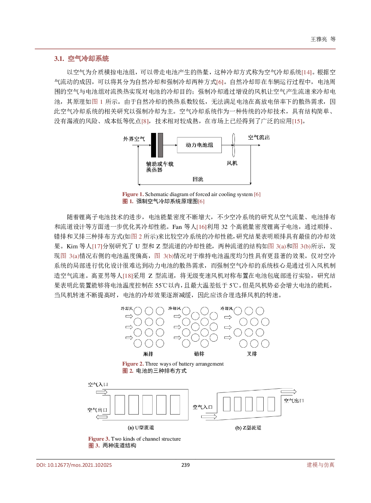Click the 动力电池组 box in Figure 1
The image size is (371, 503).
point(199,145)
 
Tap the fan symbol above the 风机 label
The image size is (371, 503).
point(233,145)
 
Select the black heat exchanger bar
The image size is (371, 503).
point(153,145)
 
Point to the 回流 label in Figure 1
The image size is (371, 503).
point(198,179)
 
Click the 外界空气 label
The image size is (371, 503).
point(134,139)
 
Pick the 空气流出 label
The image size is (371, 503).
point(259,137)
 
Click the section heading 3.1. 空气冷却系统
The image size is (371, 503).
point(82,59)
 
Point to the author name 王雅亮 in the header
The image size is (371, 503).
point(319,39)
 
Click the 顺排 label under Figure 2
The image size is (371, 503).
point(148,354)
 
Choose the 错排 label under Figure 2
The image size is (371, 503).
point(199,354)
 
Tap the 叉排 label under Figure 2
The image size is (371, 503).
point(252,354)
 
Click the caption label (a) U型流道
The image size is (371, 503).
point(141,428)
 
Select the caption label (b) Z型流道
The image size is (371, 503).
point(248,428)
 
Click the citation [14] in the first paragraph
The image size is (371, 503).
point(306,72)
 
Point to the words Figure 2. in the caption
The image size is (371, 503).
point(133,364)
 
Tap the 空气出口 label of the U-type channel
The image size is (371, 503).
point(97,410)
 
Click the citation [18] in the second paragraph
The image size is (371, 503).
point(128,276)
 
